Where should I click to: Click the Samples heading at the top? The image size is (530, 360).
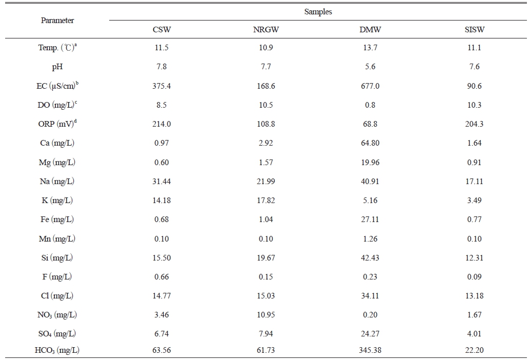pyautogui.click(x=318, y=12)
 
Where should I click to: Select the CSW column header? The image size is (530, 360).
pyautogui.click(x=161, y=30)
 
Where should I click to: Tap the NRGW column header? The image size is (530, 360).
pyautogui.click(x=266, y=30)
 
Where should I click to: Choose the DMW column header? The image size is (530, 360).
pyautogui.click(x=370, y=30)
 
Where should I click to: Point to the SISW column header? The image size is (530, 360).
pyautogui.click(x=474, y=30)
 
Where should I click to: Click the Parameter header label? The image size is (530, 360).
pyautogui.click(x=57, y=21)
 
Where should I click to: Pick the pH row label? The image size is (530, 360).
pyautogui.click(x=57, y=67)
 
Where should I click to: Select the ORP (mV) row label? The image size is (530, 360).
pyautogui.click(x=57, y=124)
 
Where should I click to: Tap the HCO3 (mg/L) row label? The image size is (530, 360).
pyautogui.click(x=57, y=350)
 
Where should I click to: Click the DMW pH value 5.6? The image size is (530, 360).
pyautogui.click(x=370, y=67)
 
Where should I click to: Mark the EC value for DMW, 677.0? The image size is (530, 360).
pyautogui.click(x=370, y=86)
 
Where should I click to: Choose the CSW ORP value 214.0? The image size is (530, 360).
pyautogui.click(x=161, y=124)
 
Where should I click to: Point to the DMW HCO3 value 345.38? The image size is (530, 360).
pyautogui.click(x=370, y=350)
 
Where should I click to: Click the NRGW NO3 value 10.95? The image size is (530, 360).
pyautogui.click(x=266, y=315)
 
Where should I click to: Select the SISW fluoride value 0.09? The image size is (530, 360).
pyautogui.click(x=474, y=277)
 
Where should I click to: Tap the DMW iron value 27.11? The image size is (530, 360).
pyautogui.click(x=370, y=219)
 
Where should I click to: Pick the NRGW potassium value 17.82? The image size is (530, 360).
pyautogui.click(x=266, y=201)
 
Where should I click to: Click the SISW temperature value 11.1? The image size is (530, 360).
pyautogui.click(x=474, y=48)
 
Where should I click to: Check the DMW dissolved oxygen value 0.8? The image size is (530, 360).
pyautogui.click(x=370, y=105)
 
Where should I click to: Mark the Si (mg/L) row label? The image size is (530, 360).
pyautogui.click(x=57, y=258)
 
